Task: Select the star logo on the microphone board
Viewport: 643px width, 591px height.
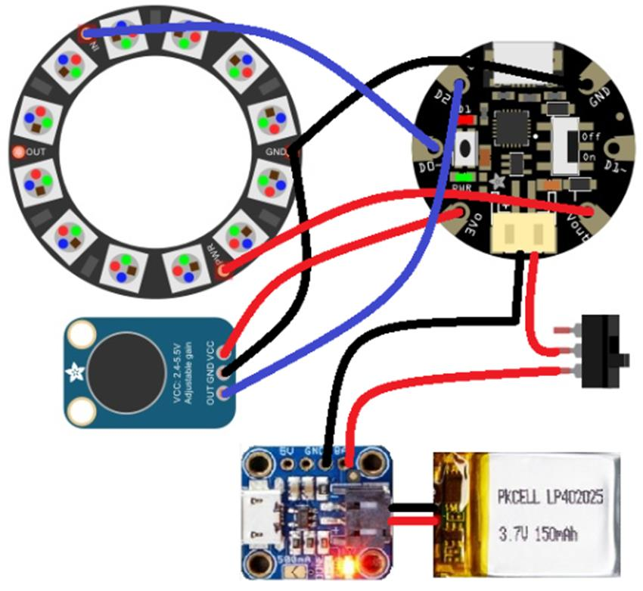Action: click(x=76, y=372)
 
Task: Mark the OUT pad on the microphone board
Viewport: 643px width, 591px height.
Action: click(x=222, y=392)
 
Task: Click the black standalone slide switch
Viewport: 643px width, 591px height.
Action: click(x=604, y=351)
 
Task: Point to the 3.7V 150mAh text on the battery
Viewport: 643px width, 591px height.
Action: click(x=542, y=534)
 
